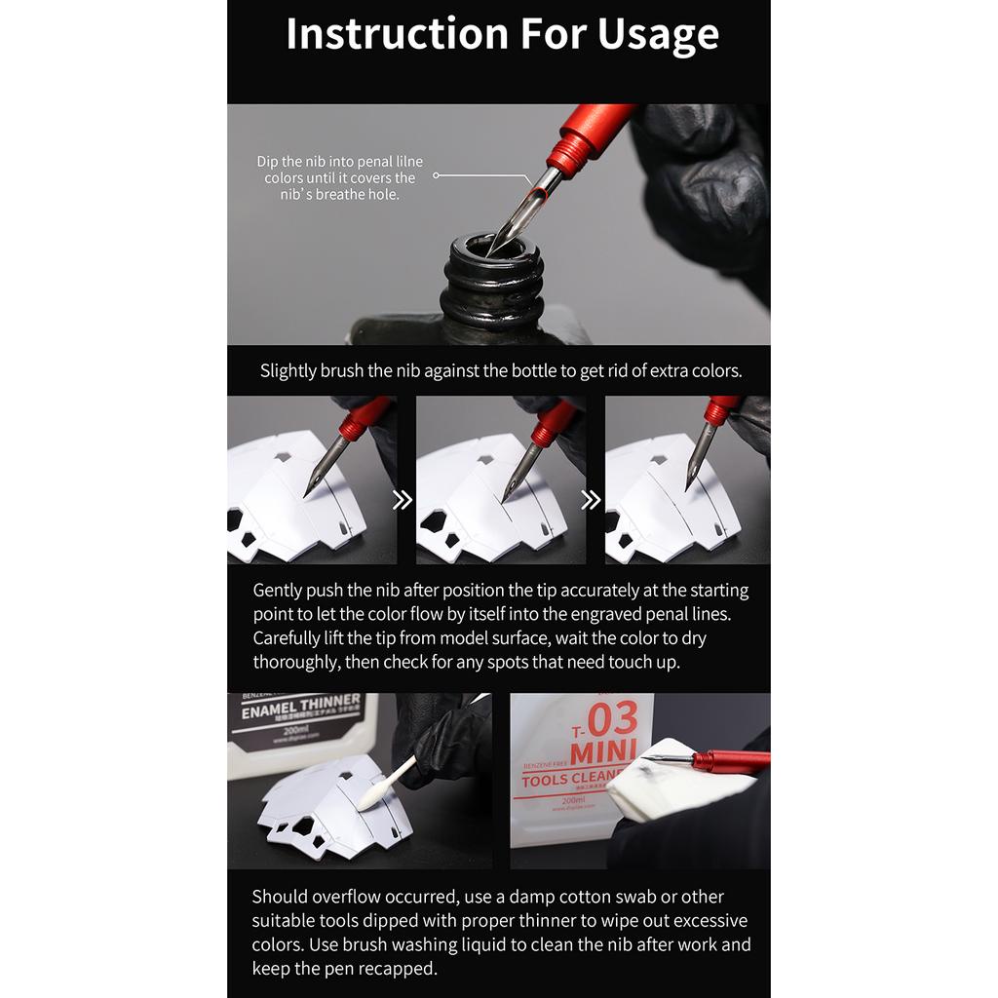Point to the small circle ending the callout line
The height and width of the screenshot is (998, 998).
coord(436,175)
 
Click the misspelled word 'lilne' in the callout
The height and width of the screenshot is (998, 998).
coord(409,162)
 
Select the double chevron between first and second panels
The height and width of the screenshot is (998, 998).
coord(403,500)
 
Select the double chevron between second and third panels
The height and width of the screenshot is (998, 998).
coord(591,500)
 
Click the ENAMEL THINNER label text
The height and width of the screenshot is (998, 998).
coord(300,707)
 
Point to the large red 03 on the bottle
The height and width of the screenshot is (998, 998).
coord(612,718)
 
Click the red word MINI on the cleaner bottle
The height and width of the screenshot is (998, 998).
coord(603,753)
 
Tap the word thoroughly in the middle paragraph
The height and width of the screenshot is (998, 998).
coord(295,663)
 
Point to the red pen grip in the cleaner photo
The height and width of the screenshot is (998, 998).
coord(731,759)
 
